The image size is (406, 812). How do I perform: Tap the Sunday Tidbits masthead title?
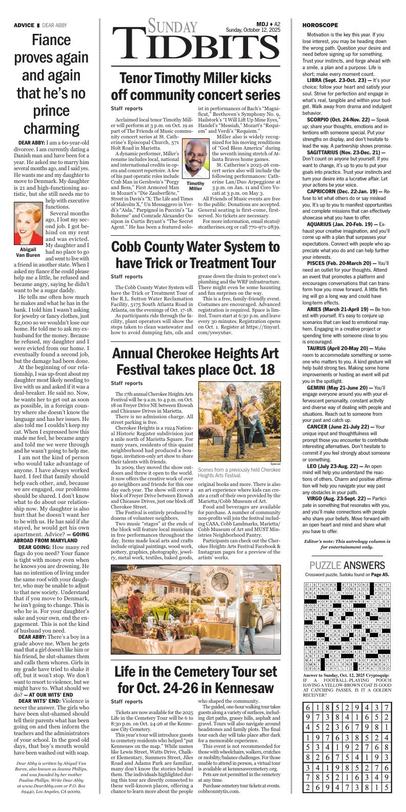tap(195, 40)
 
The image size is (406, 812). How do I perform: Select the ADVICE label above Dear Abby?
tap(24, 25)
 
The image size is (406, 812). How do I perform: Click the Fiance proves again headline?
tap(49, 83)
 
